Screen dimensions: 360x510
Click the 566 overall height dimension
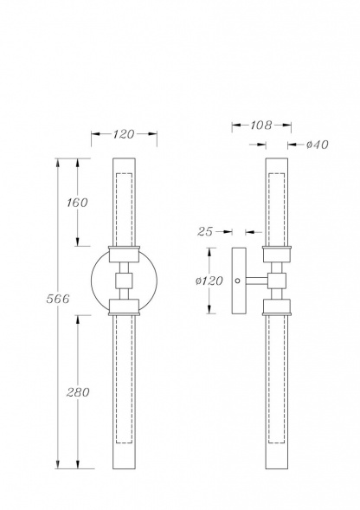click(58, 299)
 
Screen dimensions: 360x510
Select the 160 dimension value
click(77, 203)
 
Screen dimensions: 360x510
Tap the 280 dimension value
click(78, 392)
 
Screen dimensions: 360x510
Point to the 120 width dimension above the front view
click(124, 134)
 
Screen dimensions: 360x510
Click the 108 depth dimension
click(260, 125)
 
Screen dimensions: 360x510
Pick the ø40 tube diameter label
click(318, 145)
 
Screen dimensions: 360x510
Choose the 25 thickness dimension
click(205, 231)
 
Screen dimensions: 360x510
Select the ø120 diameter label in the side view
click(209, 281)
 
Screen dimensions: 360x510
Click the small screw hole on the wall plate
click(238, 281)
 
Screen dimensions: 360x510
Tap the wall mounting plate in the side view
click(239, 281)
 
